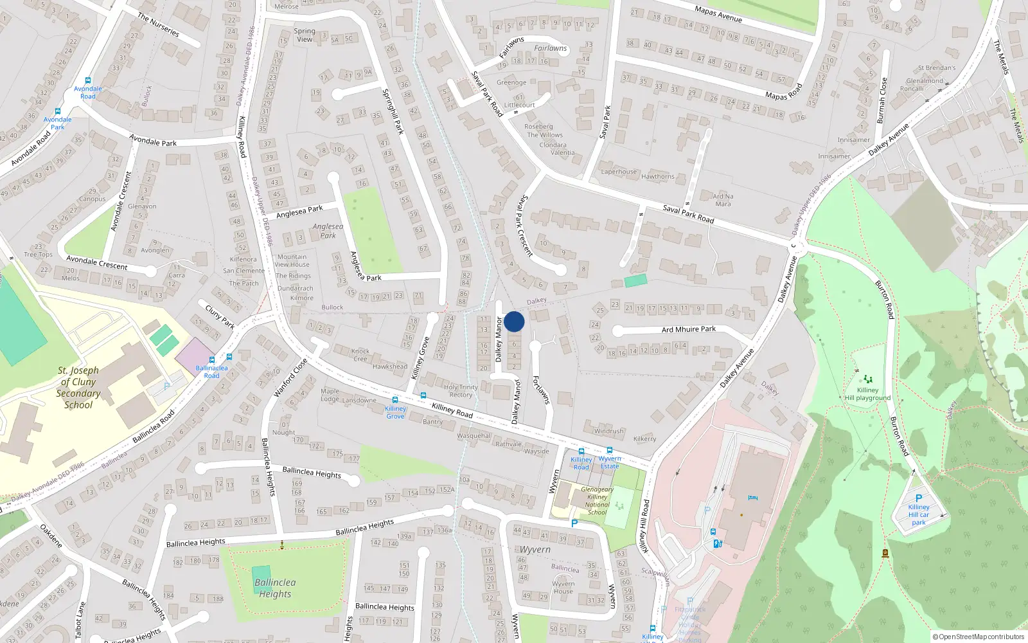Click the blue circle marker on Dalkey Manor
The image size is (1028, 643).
[514, 321]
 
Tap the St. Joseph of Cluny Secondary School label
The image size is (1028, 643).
[78, 387]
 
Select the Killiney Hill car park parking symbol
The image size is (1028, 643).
[919, 498]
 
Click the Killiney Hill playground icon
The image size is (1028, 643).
[868, 379]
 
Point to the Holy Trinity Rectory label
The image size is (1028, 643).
[461, 391]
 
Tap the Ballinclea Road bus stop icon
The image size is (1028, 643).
[212, 360]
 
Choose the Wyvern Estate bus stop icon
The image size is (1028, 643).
[609, 451]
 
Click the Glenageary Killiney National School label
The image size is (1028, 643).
[597, 501]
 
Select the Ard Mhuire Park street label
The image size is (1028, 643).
[689, 329]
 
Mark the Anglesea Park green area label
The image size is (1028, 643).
[328, 231]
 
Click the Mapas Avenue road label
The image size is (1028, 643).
[718, 14]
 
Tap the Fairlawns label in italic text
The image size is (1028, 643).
[551, 48]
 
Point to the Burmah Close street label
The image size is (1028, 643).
[882, 100]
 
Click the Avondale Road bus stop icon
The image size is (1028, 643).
[88, 81]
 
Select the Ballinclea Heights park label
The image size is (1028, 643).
[275, 588]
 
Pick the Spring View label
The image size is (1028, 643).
[305, 35]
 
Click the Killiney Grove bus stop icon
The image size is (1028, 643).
[395, 400]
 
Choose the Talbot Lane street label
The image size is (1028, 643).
[80, 620]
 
